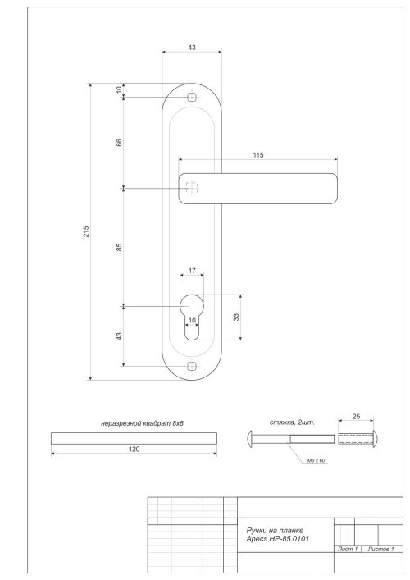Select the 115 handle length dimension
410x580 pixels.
coord(258,154)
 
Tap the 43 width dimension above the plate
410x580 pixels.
coord(191,48)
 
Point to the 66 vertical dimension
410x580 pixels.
coord(119,143)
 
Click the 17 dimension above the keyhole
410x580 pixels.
coord(191,270)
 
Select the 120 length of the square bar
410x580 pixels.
coord(134,450)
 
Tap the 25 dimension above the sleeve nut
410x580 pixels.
coord(354,417)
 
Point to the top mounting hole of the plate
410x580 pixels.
coord(192,98)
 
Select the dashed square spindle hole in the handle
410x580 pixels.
coord(191,188)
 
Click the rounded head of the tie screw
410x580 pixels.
coord(252,438)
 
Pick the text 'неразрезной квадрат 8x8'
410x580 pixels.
coord(134,422)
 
